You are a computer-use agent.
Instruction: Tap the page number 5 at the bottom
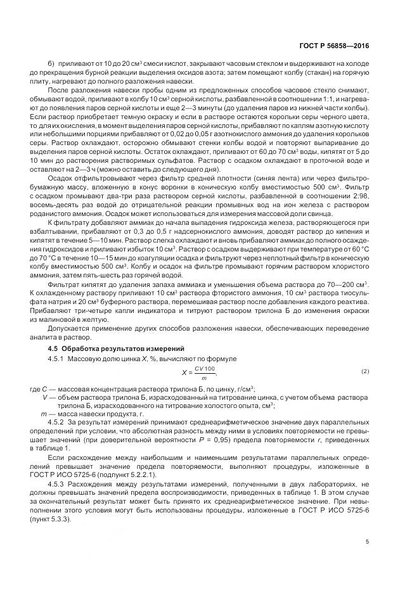tap(367, 542)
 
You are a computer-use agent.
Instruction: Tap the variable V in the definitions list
tap(44, 397)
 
